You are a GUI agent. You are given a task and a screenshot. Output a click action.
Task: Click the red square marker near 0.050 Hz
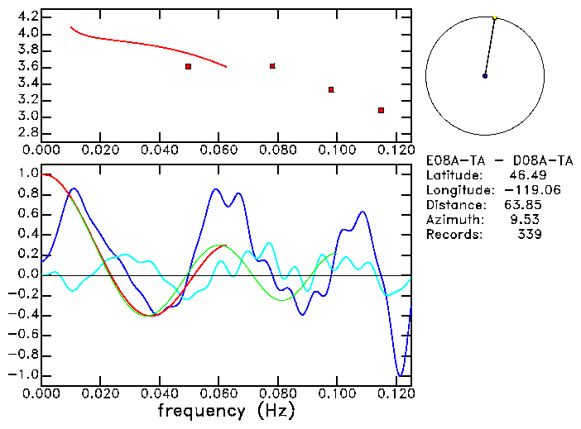(189, 66)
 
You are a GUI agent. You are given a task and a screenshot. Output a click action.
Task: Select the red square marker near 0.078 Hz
(272, 66)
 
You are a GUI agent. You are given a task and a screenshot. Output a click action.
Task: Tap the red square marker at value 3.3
(331, 89)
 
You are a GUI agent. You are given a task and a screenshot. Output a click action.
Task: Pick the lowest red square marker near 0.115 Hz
(381, 110)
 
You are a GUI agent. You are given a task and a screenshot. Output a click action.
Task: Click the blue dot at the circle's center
(485, 76)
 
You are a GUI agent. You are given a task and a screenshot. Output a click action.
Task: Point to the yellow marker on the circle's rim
(495, 17)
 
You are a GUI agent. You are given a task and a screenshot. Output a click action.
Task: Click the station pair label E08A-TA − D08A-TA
(499, 160)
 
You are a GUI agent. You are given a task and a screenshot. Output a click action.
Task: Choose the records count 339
(529, 235)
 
